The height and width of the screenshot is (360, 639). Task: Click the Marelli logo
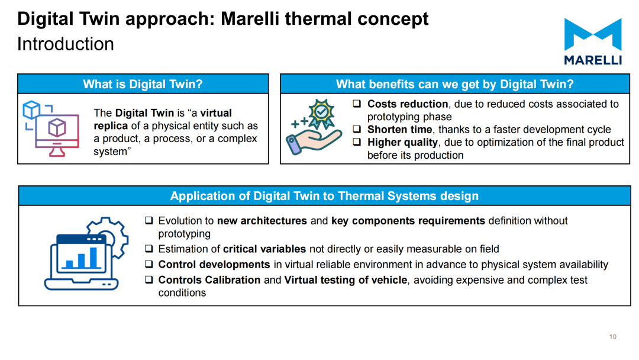coord(593,41)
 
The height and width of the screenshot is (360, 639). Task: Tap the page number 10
coord(612,337)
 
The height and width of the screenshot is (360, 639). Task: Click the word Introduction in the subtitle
coord(66,44)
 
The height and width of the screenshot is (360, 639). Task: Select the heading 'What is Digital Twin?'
coord(143,84)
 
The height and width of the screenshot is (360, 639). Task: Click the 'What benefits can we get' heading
coord(455,84)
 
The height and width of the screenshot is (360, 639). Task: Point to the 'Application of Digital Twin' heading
coord(324,196)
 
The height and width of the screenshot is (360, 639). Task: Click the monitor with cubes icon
coord(51,128)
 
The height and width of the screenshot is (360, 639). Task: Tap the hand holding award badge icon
coord(314,127)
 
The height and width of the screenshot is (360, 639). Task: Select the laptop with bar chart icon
coord(86,253)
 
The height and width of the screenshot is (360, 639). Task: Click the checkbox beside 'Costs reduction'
coord(357,104)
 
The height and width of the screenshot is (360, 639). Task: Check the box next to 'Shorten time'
coord(357,129)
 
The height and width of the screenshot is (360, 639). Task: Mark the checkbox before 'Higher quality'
coord(357,142)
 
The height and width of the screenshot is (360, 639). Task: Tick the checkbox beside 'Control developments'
coord(149,264)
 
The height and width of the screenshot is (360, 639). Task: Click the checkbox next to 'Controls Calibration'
coord(149,279)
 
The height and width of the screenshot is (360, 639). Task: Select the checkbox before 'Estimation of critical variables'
coord(149,249)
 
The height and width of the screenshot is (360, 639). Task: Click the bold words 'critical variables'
coord(264,249)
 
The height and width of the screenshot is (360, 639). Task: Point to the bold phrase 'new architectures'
coord(262,221)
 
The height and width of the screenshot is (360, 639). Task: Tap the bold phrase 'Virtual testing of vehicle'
coord(346,280)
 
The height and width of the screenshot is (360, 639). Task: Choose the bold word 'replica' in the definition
coord(111,126)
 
